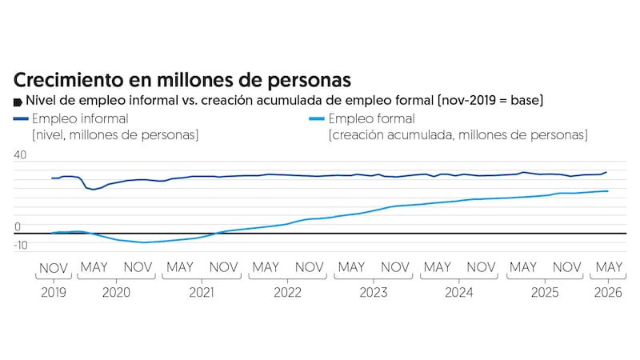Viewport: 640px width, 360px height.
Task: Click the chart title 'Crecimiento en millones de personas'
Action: pos(182,80)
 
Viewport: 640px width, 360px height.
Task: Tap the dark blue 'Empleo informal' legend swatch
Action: pos(21,118)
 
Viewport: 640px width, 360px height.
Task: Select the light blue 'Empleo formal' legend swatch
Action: pos(317,118)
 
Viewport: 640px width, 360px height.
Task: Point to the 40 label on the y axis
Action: pos(20,154)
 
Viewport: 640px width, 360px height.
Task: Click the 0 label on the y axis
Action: pos(17,226)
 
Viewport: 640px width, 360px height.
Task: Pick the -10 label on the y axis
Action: pos(21,245)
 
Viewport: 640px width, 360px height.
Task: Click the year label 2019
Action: pos(54,292)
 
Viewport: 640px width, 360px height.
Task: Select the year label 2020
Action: pos(116,292)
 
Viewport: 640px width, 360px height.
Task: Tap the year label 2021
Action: pos(202,292)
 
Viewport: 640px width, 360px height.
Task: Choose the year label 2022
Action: pos(287,292)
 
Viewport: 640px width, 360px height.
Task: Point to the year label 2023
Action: pos(373,292)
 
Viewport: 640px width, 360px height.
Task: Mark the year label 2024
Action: pos(458,292)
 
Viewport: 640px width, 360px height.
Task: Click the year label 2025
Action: pos(545,292)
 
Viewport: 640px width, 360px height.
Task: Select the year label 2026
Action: pos(608,292)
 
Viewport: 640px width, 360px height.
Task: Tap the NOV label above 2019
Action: pos(54,268)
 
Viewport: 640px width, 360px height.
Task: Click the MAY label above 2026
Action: pos(609,267)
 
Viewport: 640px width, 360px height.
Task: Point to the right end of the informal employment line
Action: pos(606,172)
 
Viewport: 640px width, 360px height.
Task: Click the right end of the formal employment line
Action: pos(608,191)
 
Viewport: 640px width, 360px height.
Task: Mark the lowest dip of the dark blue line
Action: pos(93,190)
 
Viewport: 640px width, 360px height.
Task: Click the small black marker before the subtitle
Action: pos(18,102)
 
